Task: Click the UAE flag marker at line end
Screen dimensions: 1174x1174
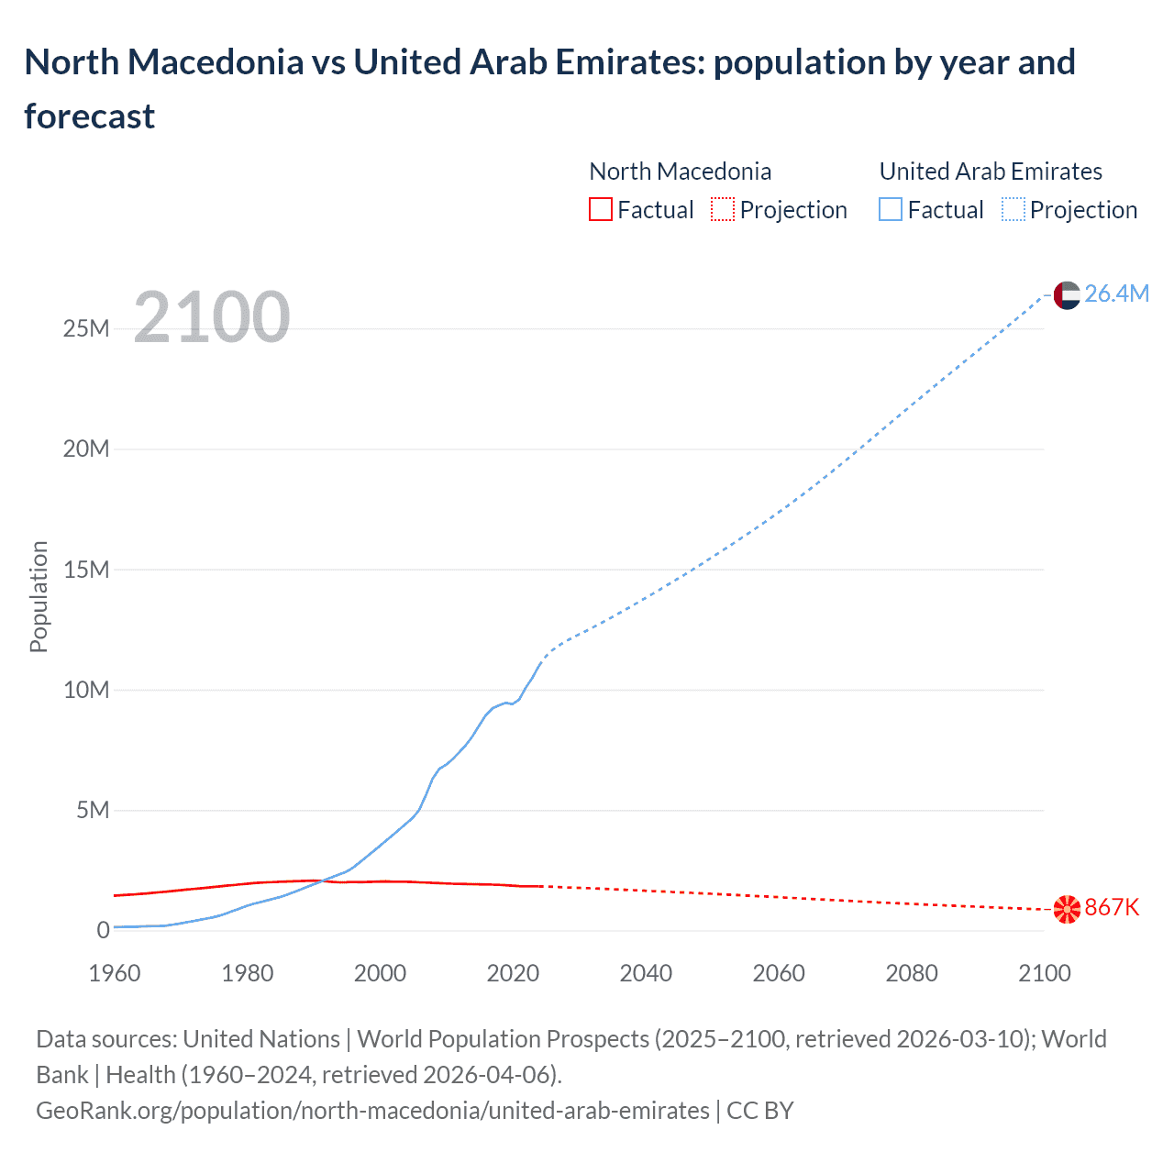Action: coord(1067,294)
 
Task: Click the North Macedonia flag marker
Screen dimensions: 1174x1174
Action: coord(1067,909)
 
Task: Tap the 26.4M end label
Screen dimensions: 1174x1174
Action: coord(1116,293)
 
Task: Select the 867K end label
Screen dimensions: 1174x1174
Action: coord(1112,908)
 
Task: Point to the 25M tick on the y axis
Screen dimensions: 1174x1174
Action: coord(86,328)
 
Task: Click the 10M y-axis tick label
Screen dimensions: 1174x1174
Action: coord(86,690)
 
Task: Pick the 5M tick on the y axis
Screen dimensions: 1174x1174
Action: coord(93,810)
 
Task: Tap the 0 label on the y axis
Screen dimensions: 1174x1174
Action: coord(103,930)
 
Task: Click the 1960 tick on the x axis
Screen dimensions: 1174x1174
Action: coord(115,973)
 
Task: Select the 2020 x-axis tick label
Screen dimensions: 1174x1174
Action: coord(513,973)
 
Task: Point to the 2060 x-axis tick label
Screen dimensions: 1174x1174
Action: coord(779,973)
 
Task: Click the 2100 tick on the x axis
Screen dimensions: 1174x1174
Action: coord(1044,973)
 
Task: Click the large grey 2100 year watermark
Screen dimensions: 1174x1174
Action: coord(212,317)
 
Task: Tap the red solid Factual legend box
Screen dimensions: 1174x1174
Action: coord(600,210)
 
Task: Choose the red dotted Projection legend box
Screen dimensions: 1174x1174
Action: coord(723,210)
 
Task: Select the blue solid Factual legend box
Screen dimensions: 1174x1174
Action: coord(891,210)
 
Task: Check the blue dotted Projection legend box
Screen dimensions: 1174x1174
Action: coord(1013,210)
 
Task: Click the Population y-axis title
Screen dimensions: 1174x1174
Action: coord(39,596)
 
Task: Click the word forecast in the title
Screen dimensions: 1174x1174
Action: coord(90,116)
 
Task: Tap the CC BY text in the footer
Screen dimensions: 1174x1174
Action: coord(760,1111)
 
